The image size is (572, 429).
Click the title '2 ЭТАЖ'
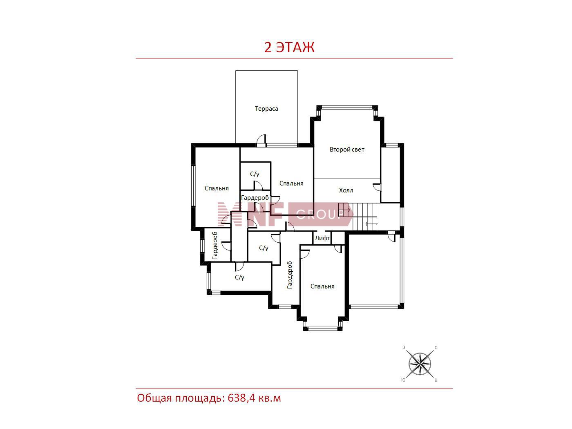pos(289,48)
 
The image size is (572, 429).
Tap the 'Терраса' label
pos(266,109)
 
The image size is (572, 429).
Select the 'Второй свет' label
pos(347,150)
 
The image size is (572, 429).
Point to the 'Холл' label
pos(346,190)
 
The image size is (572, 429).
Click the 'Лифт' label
pos(322,238)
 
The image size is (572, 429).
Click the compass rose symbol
pos(420,364)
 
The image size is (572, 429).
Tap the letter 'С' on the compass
pos(436,348)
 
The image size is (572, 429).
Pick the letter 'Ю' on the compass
pos(403,380)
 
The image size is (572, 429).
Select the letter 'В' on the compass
pos(436,380)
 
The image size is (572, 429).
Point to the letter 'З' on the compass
pos(404,347)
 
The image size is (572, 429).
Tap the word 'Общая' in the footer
pos(154,398)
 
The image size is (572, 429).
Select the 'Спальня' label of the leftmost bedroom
pos(217,189)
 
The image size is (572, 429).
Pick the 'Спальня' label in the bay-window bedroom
pos(322,286)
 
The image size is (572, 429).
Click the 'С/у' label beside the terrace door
pos(255,174)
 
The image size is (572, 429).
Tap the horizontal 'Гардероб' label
pos(255,198)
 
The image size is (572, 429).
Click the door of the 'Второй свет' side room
pos(377,188)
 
